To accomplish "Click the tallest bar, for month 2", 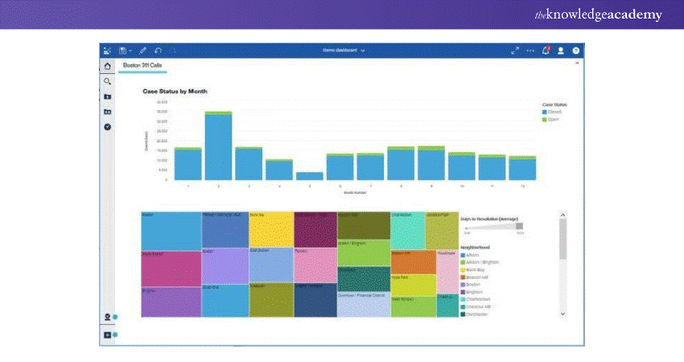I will [x=218, y=146].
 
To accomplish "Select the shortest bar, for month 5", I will [x=310, y=175].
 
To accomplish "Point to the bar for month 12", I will [x=522, y=168].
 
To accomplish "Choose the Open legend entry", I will [x=551, y=119].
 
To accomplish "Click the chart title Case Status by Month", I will [x=175, y=92].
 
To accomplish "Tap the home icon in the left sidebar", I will [x=107, y=64].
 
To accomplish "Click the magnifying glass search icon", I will [x=107, y=81].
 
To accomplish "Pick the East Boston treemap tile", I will [x=270, y=265].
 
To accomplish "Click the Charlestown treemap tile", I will [x=407, y=230].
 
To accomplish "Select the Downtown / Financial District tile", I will [x=364, y=304].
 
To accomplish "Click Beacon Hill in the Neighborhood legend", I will [x=477, y=277].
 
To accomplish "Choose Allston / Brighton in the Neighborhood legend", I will [x=482, y=262].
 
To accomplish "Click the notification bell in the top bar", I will [x=546, y=50].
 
